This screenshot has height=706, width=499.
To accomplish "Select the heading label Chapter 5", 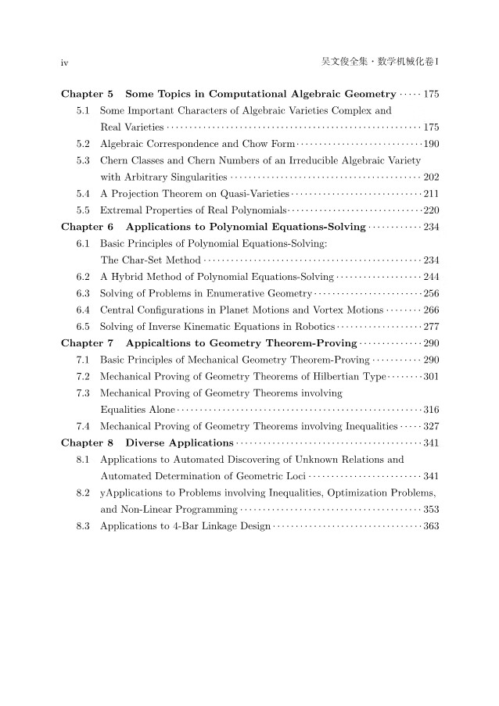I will coord(87,95).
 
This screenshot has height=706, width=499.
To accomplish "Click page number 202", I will coord(430,177).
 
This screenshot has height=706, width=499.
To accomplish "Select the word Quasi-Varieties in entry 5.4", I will coord(253,193).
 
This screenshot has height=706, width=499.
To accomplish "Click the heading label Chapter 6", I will coord(87,227).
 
